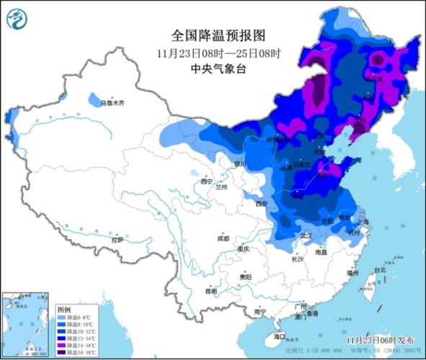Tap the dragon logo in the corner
(19, 21)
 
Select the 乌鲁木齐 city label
(112, 103)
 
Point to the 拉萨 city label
(117, 239)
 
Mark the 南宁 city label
(260, 312)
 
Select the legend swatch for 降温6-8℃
(62, 317)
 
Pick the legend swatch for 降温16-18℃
(62, 353)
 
